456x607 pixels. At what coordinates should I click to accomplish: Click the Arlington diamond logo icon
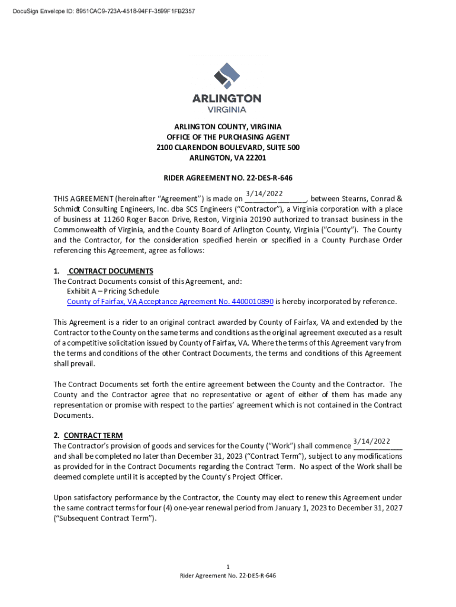coord(227,76)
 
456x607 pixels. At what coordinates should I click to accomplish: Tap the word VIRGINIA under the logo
coord(227,109)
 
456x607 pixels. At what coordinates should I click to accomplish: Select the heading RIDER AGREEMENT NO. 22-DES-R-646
coord(228,178)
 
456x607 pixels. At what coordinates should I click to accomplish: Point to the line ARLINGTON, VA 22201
coord(228,158)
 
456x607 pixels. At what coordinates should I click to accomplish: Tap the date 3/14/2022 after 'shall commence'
coord(371,441)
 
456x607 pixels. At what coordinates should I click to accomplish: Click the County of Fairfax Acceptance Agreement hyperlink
coord(170,302)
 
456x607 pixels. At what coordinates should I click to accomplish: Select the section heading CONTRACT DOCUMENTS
coord(111,271)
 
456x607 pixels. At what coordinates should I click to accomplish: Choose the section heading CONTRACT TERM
coord(93,435)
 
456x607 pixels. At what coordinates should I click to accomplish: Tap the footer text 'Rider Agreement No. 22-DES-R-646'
coord(228,576)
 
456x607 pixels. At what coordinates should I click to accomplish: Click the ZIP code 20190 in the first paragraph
coord(246,219)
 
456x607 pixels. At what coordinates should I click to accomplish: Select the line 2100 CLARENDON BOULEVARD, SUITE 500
coord(228,148)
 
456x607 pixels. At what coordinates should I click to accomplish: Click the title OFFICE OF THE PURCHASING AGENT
coord(228,138)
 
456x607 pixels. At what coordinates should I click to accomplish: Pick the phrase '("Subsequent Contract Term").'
coord(105,518)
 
